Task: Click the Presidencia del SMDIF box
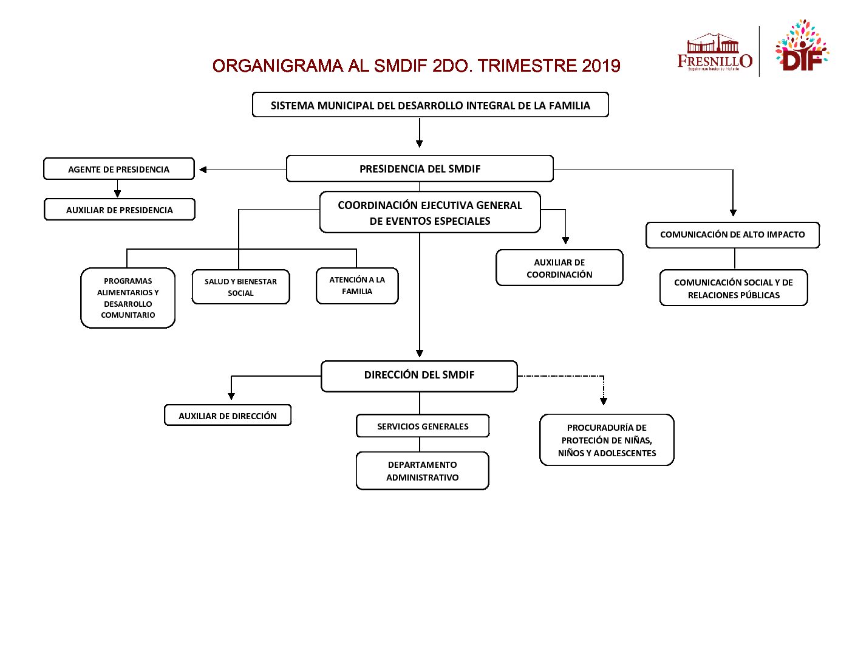coord(420,169)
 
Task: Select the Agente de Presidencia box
coord(119,169)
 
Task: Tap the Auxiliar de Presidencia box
coord(120,210)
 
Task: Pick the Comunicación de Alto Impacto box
coord(732,235)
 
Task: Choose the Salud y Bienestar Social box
coord(240,287)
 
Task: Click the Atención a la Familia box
coord(357,286)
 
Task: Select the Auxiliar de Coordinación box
coord(559,268)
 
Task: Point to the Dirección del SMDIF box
coord(419,375)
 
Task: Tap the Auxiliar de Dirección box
coord(228,416)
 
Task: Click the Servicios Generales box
coord(423,426)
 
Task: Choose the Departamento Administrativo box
coord(423,471)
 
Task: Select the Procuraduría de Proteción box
coord(607,440)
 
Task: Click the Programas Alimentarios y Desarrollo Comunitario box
coord(128,298)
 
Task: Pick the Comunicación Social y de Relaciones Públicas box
coord(734,288)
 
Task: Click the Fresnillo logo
coord(715,53)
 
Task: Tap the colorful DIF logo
coord(801,47)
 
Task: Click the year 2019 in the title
coord(601,66)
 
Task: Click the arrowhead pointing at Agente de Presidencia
coord(203,170)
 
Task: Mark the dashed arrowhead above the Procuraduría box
coord(604,401)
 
